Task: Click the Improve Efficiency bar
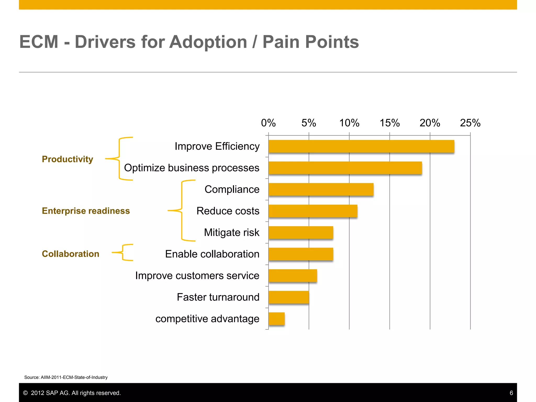361,146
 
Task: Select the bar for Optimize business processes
345,168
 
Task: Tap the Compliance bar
321,189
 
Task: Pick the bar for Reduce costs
313,211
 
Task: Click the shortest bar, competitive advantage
276,319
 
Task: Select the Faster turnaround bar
289,297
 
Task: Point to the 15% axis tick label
389,123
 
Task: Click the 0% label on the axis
268,123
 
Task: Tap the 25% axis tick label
470,123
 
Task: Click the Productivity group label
68,159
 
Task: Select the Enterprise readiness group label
86,211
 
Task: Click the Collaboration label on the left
70,254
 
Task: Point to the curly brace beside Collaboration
123,253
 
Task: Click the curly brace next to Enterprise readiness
182,210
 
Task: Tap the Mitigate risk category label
232,232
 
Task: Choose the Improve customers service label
197,276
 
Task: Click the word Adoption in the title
208,42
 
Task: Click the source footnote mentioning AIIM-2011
66,377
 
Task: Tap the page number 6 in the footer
511,393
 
